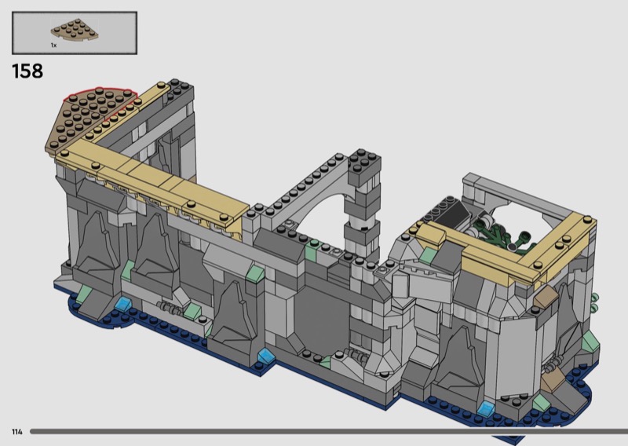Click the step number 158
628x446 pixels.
(x=27, y=71)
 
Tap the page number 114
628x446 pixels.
(x=16, y=432)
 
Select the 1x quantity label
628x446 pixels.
(x=53, y=46)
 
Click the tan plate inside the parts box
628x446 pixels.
(x=75, y=30)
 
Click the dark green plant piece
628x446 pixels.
(x=497, y=237)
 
